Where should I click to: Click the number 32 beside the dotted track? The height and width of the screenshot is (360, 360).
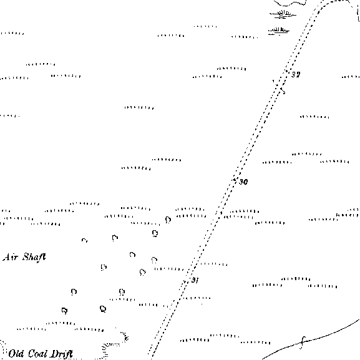coord(296,75)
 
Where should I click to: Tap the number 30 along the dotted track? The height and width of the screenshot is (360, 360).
coord(243,182)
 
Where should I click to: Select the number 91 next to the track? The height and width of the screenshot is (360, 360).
coord(195,280)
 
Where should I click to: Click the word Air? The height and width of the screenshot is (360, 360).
coord(11,257)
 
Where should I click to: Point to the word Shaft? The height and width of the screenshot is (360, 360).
coord(34,257)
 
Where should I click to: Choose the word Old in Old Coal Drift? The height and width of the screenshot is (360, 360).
coord(16,354)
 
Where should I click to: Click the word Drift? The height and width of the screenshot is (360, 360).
coord(62,354)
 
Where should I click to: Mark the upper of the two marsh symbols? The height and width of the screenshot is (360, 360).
coord(283,14)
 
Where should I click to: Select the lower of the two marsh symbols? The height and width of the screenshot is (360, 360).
coord(278,31)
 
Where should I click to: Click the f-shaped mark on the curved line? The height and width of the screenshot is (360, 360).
coord(303,343)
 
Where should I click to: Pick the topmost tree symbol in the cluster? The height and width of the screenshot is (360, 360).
coord(168,220)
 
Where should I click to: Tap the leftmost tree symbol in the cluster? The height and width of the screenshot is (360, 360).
coord(64,311)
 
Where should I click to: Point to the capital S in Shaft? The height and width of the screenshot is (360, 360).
coord(26,257)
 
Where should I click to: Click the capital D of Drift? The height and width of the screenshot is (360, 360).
coord(55,354)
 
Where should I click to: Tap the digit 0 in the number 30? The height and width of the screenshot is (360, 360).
coord(245,182)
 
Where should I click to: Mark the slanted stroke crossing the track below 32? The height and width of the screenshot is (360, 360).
coord(279,87)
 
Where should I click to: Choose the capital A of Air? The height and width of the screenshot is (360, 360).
coord(6,257)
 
